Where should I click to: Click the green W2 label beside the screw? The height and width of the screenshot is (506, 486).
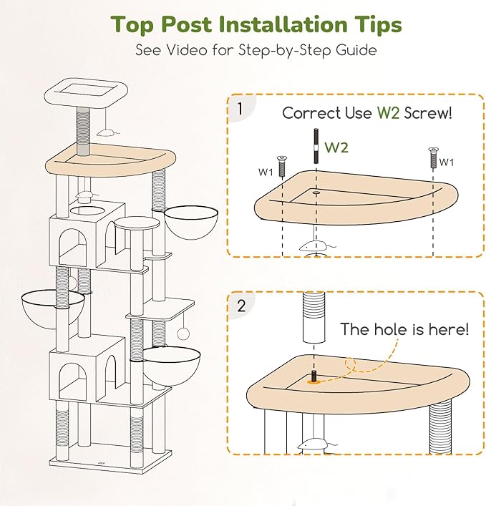336,147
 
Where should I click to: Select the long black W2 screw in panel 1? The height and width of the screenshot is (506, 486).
316,146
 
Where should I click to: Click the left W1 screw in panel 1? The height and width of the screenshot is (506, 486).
282,165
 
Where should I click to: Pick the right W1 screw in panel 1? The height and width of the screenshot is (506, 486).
433,157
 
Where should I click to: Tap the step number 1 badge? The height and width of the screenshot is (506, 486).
240,109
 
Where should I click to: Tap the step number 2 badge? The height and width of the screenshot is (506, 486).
241,306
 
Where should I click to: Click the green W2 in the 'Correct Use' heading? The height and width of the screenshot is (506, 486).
389,113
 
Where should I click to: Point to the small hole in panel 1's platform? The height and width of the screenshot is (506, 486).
316,193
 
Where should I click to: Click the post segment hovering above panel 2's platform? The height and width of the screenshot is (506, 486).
314,317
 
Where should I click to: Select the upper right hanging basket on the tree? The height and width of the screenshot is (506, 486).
191,223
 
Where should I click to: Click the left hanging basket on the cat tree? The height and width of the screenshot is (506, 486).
53,309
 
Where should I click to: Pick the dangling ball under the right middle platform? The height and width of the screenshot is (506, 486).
183,334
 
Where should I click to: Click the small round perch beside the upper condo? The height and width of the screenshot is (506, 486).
137,223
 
